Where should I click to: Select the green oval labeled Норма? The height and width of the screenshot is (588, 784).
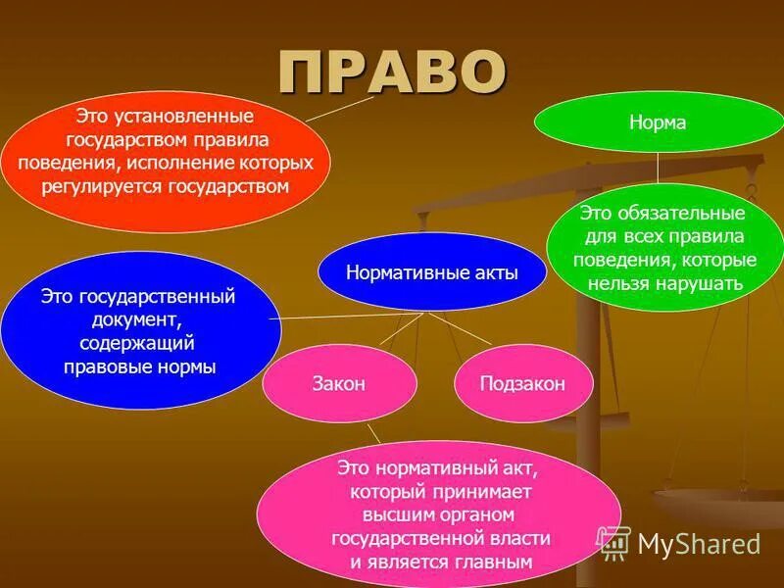[x=657, y=123]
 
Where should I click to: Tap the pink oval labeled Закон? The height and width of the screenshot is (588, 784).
[x=340, y=384]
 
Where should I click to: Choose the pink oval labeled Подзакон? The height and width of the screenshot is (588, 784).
[x=523, y=384]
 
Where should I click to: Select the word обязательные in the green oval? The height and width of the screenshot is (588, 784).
[x=685, y=213]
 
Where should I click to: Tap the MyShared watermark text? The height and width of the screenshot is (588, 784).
[x=699, y=544]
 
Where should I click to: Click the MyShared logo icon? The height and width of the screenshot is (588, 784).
[x=613, y=541]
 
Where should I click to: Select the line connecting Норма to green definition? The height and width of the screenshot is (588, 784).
[x=657, y=169]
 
